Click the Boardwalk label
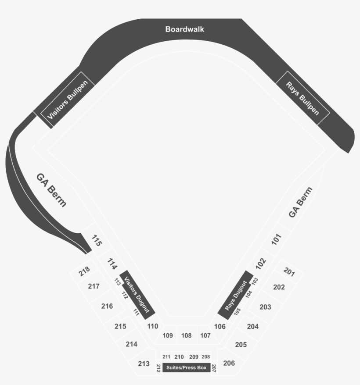coord(184,29)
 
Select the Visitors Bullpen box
coord(68,100)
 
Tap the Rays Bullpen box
coord(302,98)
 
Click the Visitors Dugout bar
coord(137,295)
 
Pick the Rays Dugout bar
coord(235,295)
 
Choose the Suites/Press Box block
coord(187,367)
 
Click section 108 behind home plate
coord(187,335)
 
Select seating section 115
coord(97,241)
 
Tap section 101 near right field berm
coord(276,239)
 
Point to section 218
coord(84,271)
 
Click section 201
coord(289,272)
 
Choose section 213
coord(144,364)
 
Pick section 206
coord(229,363)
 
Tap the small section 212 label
coord(158,368)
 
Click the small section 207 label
coord(214,368)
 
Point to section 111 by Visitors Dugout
coord(136,312)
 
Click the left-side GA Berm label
coord(51,190)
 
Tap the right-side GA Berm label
coord(300,202)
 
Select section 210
coord(179,357)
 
